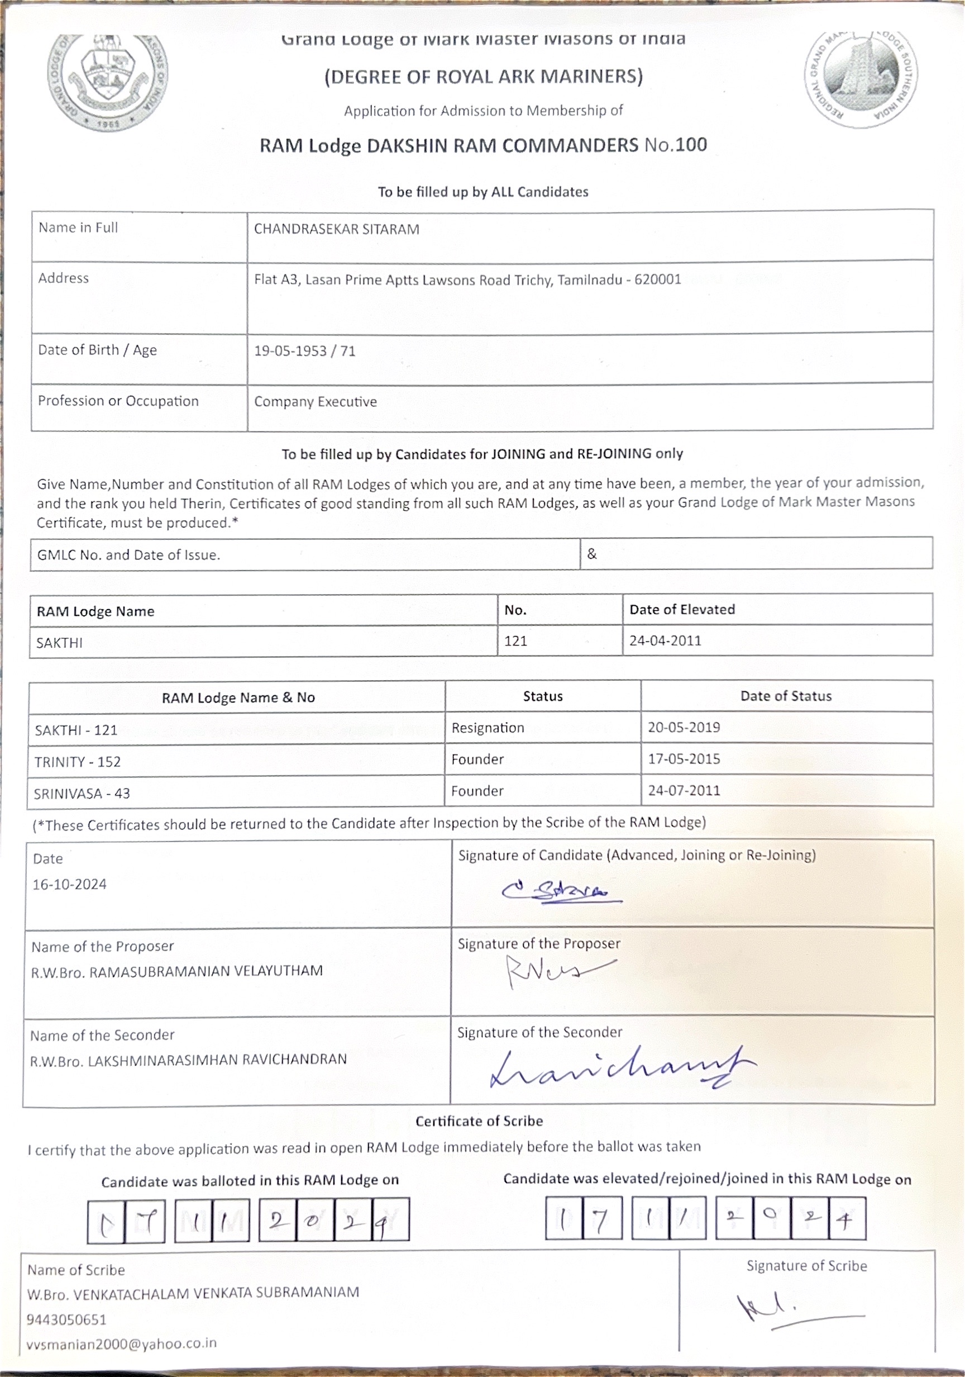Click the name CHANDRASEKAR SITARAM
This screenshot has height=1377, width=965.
click(336, 229)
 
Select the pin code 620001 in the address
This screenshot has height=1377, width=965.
click(657, 279)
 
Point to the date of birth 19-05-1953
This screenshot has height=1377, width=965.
click(290, 351)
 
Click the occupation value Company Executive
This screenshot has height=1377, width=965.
click(316, 402)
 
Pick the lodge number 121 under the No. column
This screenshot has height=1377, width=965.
click(515, 641)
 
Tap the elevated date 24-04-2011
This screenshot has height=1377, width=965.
click(665, 640)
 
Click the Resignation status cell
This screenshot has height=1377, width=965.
click(488, 728)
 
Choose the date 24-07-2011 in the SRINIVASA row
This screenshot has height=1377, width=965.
click(684, 790)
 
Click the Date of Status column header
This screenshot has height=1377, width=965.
click(785, 696)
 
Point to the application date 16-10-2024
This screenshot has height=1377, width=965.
click(70, 885)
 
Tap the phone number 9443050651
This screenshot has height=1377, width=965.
click(66, 1320)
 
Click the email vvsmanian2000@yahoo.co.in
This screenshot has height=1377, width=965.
click(122, 1343)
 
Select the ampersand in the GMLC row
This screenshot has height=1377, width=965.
click(591, 554)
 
